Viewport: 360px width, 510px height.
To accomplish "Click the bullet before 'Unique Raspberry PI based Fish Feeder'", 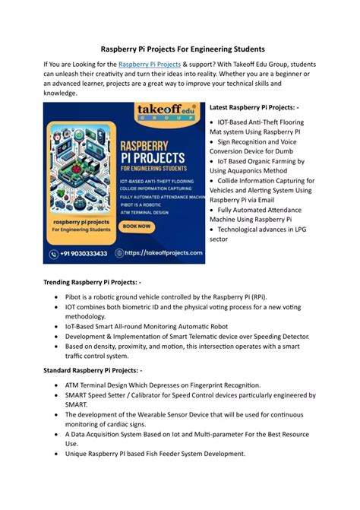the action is (58, 454).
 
